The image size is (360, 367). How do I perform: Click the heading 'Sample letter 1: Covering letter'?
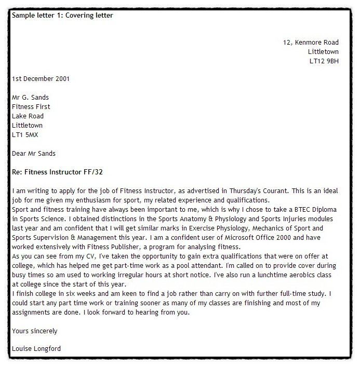[x=62, y=16]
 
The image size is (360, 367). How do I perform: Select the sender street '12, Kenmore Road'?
[x=311, y=43]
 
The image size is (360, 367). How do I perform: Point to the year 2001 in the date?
[x=62, y=79]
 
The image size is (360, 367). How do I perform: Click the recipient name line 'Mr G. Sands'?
[x=30, y=98]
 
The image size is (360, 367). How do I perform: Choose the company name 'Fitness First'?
[x=31, y=107]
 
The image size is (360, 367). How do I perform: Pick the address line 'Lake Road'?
[x=28, y=116]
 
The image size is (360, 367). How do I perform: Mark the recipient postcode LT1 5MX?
[x=25, y=135]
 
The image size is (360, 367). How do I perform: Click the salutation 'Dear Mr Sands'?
[x=33, y=154]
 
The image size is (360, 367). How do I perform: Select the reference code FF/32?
[x=99, y=171]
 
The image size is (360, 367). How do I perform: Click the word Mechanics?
[x=272, y=228]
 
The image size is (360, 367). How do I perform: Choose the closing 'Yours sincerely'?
[x=35, y=331]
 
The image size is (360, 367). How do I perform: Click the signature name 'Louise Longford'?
[x=36, y=349]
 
